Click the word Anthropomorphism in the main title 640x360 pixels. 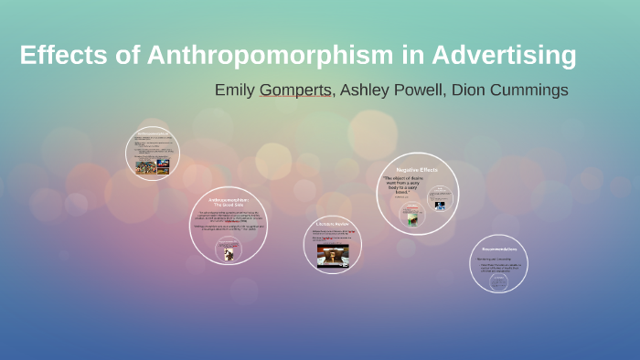pos(258,56)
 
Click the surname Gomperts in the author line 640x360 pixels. pos(295,90)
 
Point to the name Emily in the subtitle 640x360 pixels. pos(235,90)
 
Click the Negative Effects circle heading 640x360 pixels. pos(417,170)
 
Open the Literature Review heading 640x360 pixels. pos(332,224)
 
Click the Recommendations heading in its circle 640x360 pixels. pos(499,249)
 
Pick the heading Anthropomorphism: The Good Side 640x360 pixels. pos(228,202)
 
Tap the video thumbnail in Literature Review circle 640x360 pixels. pos(333,255)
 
